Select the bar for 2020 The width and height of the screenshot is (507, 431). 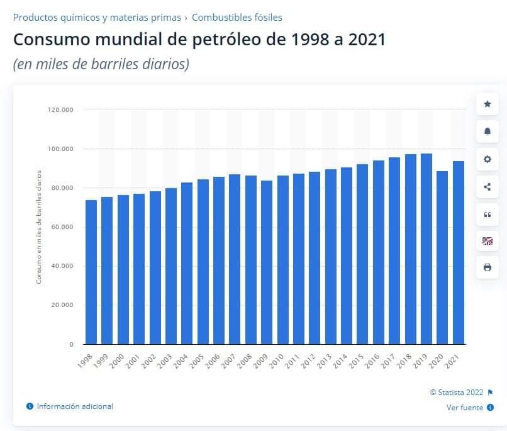pos(442,257)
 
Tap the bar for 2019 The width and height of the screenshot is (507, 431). pos(426,249)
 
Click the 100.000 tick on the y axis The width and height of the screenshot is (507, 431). pos(60,149)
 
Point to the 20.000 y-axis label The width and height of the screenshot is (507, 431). pos(62,305)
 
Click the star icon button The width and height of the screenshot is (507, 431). pos(487,104)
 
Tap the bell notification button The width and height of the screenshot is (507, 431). pos(487,132)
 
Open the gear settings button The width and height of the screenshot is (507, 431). pos(487,159)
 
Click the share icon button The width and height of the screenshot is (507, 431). pos(487,186)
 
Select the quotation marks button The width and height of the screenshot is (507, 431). pos(487,214)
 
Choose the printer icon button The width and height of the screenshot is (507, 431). pos(487,267)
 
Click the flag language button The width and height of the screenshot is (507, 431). pos(487,240)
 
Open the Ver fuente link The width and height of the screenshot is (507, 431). pos(465,408)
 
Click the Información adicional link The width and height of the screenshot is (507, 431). pos(75,406)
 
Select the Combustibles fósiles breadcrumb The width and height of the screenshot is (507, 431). pos(237,18)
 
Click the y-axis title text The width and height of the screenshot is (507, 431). pos(39,227)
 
